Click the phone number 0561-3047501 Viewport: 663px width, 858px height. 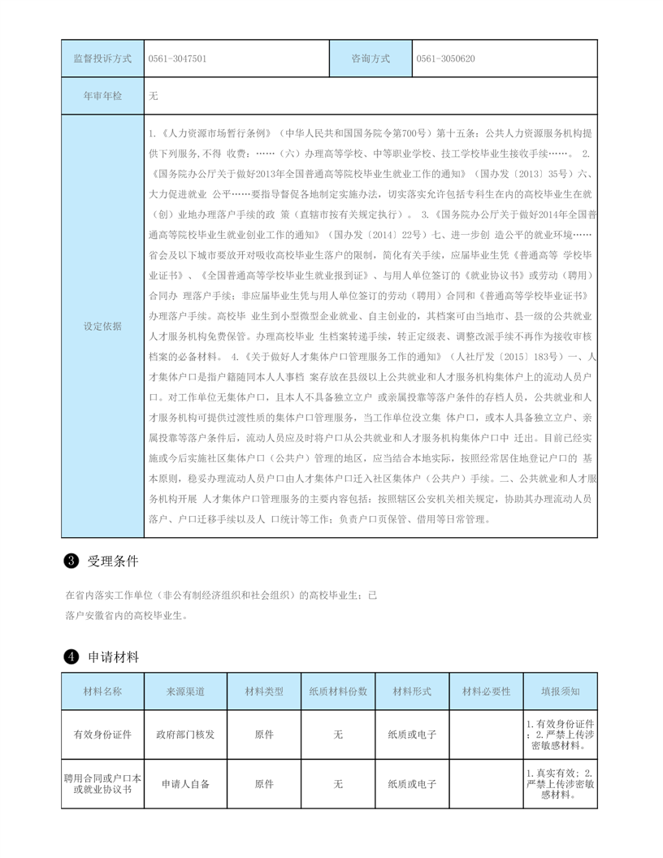click(x=177, y=59)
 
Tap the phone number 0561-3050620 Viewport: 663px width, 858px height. click(x=445, y=59)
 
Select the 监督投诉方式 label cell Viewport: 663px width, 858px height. click(x=102, y=59)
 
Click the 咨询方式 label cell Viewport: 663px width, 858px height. click(x=370, y=59)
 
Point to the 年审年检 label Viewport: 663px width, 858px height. click(x=102, y=96)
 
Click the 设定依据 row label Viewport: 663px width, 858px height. click(x=102, y=326)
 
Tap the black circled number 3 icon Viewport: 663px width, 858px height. click(x=71, y=561)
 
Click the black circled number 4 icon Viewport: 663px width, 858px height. click(x=71, y=656)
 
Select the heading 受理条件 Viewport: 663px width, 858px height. click(x=113, y=561)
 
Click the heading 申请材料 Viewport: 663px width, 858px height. click(x=113, y=656)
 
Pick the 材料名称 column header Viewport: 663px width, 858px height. click(x=102, y=691)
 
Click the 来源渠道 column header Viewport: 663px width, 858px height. click(x=186, y=691)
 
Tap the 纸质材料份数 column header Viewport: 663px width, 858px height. click(x=338, y=691)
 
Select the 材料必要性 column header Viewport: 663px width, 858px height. click(x=486, y=691)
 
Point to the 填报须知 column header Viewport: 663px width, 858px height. click(x=561, y=691)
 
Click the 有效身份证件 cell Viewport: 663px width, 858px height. click(x=102, y=734)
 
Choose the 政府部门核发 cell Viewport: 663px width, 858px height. click(x=186, y=734)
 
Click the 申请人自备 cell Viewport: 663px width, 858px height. click(x=186, y=784)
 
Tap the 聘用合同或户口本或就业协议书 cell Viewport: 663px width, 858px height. click(x=102, y=784)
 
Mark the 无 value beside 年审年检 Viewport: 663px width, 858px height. click(x=154, y=96)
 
